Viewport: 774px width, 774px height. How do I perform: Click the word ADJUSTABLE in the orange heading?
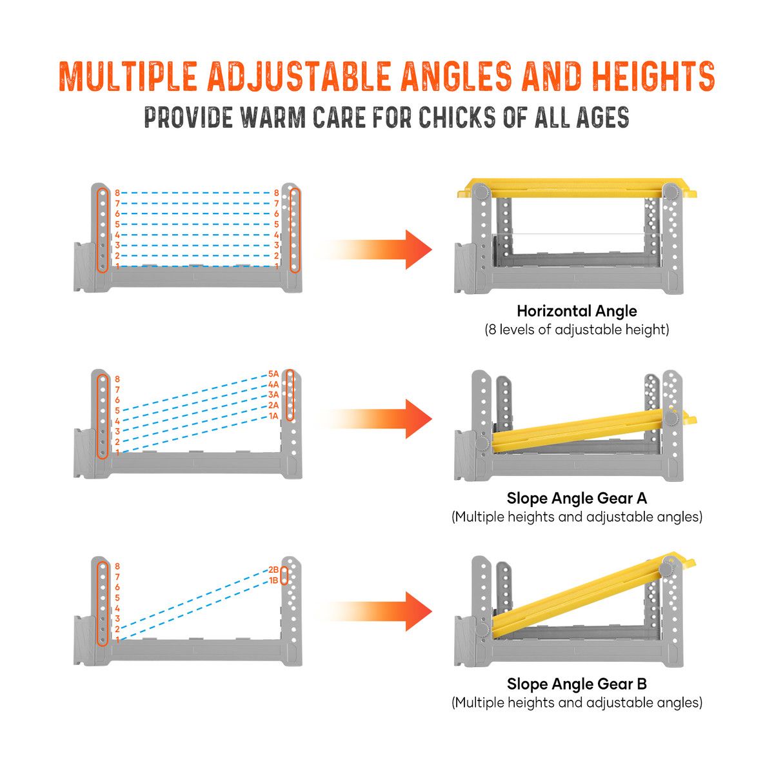pyautogui.click(x=299, y=76)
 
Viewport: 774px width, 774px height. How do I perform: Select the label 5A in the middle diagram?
pyautogui.click(x=273, y=374)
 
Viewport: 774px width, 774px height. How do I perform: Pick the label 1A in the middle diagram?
pyautogui.click(x=273, y=416)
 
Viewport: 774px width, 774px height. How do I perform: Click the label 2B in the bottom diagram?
pyautogui.click(x=273, y=570)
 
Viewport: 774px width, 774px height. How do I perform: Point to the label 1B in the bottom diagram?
pyautogui.click(x=273, y=580)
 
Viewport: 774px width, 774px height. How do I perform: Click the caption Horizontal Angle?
pyautogui.click(x=577, y=312)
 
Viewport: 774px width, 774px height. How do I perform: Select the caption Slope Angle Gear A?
pyautogui.click(x=577, y=499)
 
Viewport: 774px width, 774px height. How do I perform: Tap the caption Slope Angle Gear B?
pyautogui.click(x=577, y=684)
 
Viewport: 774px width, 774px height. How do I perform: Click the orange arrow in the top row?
pyautogui.click(x=377, y=250)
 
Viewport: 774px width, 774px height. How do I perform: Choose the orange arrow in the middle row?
pyautogui.click(x=377, y=419)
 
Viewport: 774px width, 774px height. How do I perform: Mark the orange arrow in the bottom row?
pyautogui.click(x=377, y=611)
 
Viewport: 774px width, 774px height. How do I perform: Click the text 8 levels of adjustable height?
pyautogui.click(x=577, y=330)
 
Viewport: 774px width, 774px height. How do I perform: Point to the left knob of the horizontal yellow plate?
pyautogui.click(x=481, y=192)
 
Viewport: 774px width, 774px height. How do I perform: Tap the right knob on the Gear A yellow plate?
pyautogui.click(x=671, y=419)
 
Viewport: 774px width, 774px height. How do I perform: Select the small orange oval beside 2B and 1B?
pyautogui.click(x=284, y=575)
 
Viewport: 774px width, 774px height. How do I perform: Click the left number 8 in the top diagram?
pyautogui.click(x=117, y=193)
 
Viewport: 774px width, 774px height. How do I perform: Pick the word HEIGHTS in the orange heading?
pyautogui.click(x=653, y=76)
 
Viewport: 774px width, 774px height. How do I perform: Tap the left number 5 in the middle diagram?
pyautogui.click(x=117, y=410)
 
